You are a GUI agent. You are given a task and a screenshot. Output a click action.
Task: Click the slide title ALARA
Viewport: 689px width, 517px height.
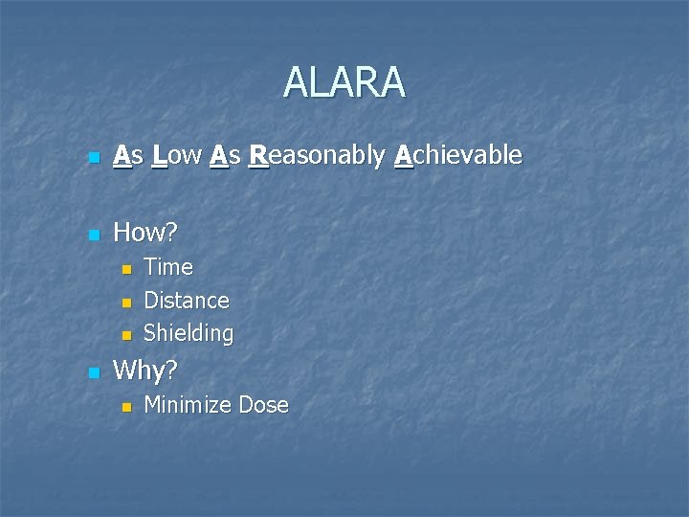click(344, 83)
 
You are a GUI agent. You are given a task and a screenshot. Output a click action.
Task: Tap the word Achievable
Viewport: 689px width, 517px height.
click(458, 154)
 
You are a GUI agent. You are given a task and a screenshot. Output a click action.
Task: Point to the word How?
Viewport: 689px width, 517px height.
click(145, 232)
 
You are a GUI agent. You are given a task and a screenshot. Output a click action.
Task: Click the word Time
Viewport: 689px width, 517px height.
click(167, 266)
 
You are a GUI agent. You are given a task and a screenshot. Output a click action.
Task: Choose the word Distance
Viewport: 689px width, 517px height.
click(186, 300)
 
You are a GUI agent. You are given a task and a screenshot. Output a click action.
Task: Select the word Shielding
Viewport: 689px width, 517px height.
click(188, 333)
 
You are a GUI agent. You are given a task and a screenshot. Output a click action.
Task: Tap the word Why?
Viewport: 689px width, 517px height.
click(145, 371)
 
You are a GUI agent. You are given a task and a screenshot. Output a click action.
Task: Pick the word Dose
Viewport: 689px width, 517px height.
click(263, 405)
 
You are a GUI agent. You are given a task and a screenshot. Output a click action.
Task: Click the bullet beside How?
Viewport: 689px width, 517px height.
click(93, 234)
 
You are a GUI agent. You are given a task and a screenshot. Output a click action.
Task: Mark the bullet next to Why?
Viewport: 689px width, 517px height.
click(93, 372)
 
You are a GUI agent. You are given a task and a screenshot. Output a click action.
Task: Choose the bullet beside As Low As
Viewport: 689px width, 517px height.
click(93, 156)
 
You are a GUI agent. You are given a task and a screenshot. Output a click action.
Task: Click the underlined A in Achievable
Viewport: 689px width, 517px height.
click(404, 154)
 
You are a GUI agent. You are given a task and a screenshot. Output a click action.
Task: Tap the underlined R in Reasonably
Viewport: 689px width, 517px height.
click(257, 154)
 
